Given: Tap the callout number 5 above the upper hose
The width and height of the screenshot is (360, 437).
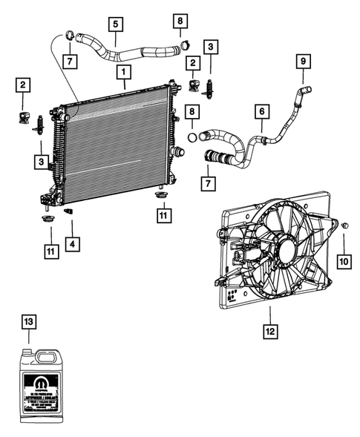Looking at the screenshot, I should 116,24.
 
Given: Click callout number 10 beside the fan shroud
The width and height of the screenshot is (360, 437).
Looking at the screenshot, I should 344,262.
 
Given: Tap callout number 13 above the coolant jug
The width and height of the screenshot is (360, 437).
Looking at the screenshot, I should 29,321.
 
